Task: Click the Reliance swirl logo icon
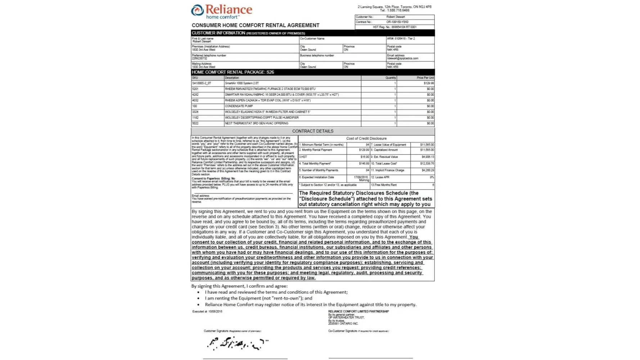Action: click(x=197, y=10)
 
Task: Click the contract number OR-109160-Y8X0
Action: click(x=397, y=22)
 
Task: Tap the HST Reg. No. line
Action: click(x=395, y=27)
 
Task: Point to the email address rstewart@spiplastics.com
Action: click(x=402, y=58)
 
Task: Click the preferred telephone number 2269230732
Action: click(x=199, y=58)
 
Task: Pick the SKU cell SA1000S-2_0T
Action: click(x=202, y=83)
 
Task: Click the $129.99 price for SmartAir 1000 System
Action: click(x=429, y=83)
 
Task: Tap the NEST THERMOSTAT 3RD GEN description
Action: click(x=256, y=123)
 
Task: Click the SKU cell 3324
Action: click(x=195, y=112)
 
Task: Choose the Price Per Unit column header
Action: click(x=425, y=78)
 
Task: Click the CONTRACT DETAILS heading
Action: click(x=312, y=131)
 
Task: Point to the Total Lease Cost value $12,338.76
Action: click(x=427, y=163)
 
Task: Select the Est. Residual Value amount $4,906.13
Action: click(x=428, y=157)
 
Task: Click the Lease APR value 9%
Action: click(x=432, y=177)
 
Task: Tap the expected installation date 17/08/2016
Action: click(x=361, y=177)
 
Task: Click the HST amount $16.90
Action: click(x=365, y=157)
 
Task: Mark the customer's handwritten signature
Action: click(x=238, y=344)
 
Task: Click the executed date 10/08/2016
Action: click(x=215, y=312)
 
